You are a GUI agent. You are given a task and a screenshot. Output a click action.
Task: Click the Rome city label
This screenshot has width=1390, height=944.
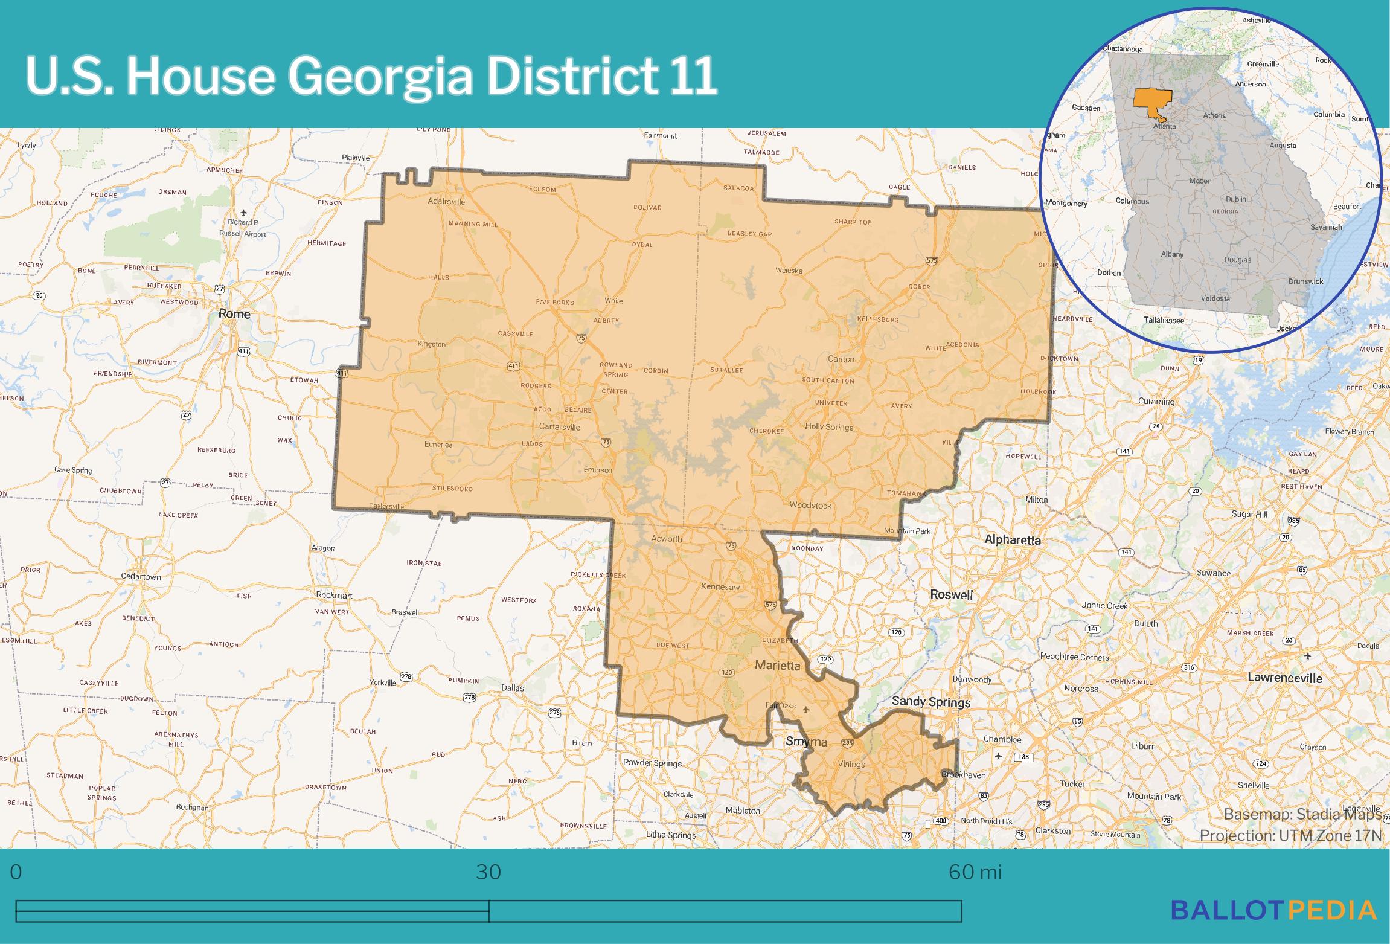[x=234, y=313]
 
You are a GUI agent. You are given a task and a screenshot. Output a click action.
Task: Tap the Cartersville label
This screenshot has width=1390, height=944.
[x=559, y=427]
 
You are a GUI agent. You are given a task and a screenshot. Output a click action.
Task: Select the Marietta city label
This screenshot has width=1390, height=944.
[x=778, y=666]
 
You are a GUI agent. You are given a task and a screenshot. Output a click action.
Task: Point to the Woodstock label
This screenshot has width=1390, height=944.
[x=810, y=505]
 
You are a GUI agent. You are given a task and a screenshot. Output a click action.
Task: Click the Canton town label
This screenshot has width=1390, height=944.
[x=841, y=359]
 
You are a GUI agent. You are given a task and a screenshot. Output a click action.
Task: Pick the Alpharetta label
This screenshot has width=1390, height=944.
[x=1013, y=539]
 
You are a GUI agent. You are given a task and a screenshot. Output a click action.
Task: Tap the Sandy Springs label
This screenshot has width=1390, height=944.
[x=931, y=701]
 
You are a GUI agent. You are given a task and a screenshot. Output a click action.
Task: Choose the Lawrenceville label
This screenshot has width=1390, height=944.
[x=1285, y=678]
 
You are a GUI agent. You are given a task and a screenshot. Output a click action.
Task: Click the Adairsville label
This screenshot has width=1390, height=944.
[x=446, y=201]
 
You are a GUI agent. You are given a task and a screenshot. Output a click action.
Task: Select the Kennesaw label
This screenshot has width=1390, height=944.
[x=720, y=586]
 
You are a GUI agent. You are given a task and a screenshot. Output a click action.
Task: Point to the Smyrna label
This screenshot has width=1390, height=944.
[x=806, y=741]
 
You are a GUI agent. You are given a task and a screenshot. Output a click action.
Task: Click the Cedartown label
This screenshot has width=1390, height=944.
[x=141, y=577]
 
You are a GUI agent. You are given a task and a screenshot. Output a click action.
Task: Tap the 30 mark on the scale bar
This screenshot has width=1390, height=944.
[x=488, y=872]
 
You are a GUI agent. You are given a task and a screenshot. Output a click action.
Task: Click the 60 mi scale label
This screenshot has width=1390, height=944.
[x=975, y=872]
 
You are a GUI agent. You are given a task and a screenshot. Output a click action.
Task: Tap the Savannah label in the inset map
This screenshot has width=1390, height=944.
[x=1326, y=227]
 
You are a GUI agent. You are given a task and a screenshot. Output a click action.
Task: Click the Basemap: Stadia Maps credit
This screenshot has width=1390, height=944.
[x=1302, y=815]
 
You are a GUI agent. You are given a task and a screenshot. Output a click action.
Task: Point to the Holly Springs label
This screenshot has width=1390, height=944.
[x=829, y=427]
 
